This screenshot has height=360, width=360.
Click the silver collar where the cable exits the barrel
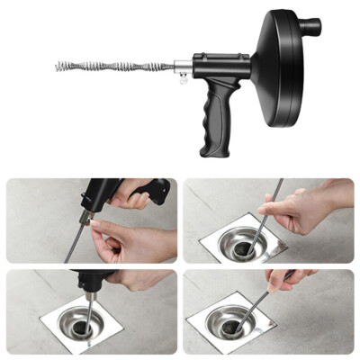180,66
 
